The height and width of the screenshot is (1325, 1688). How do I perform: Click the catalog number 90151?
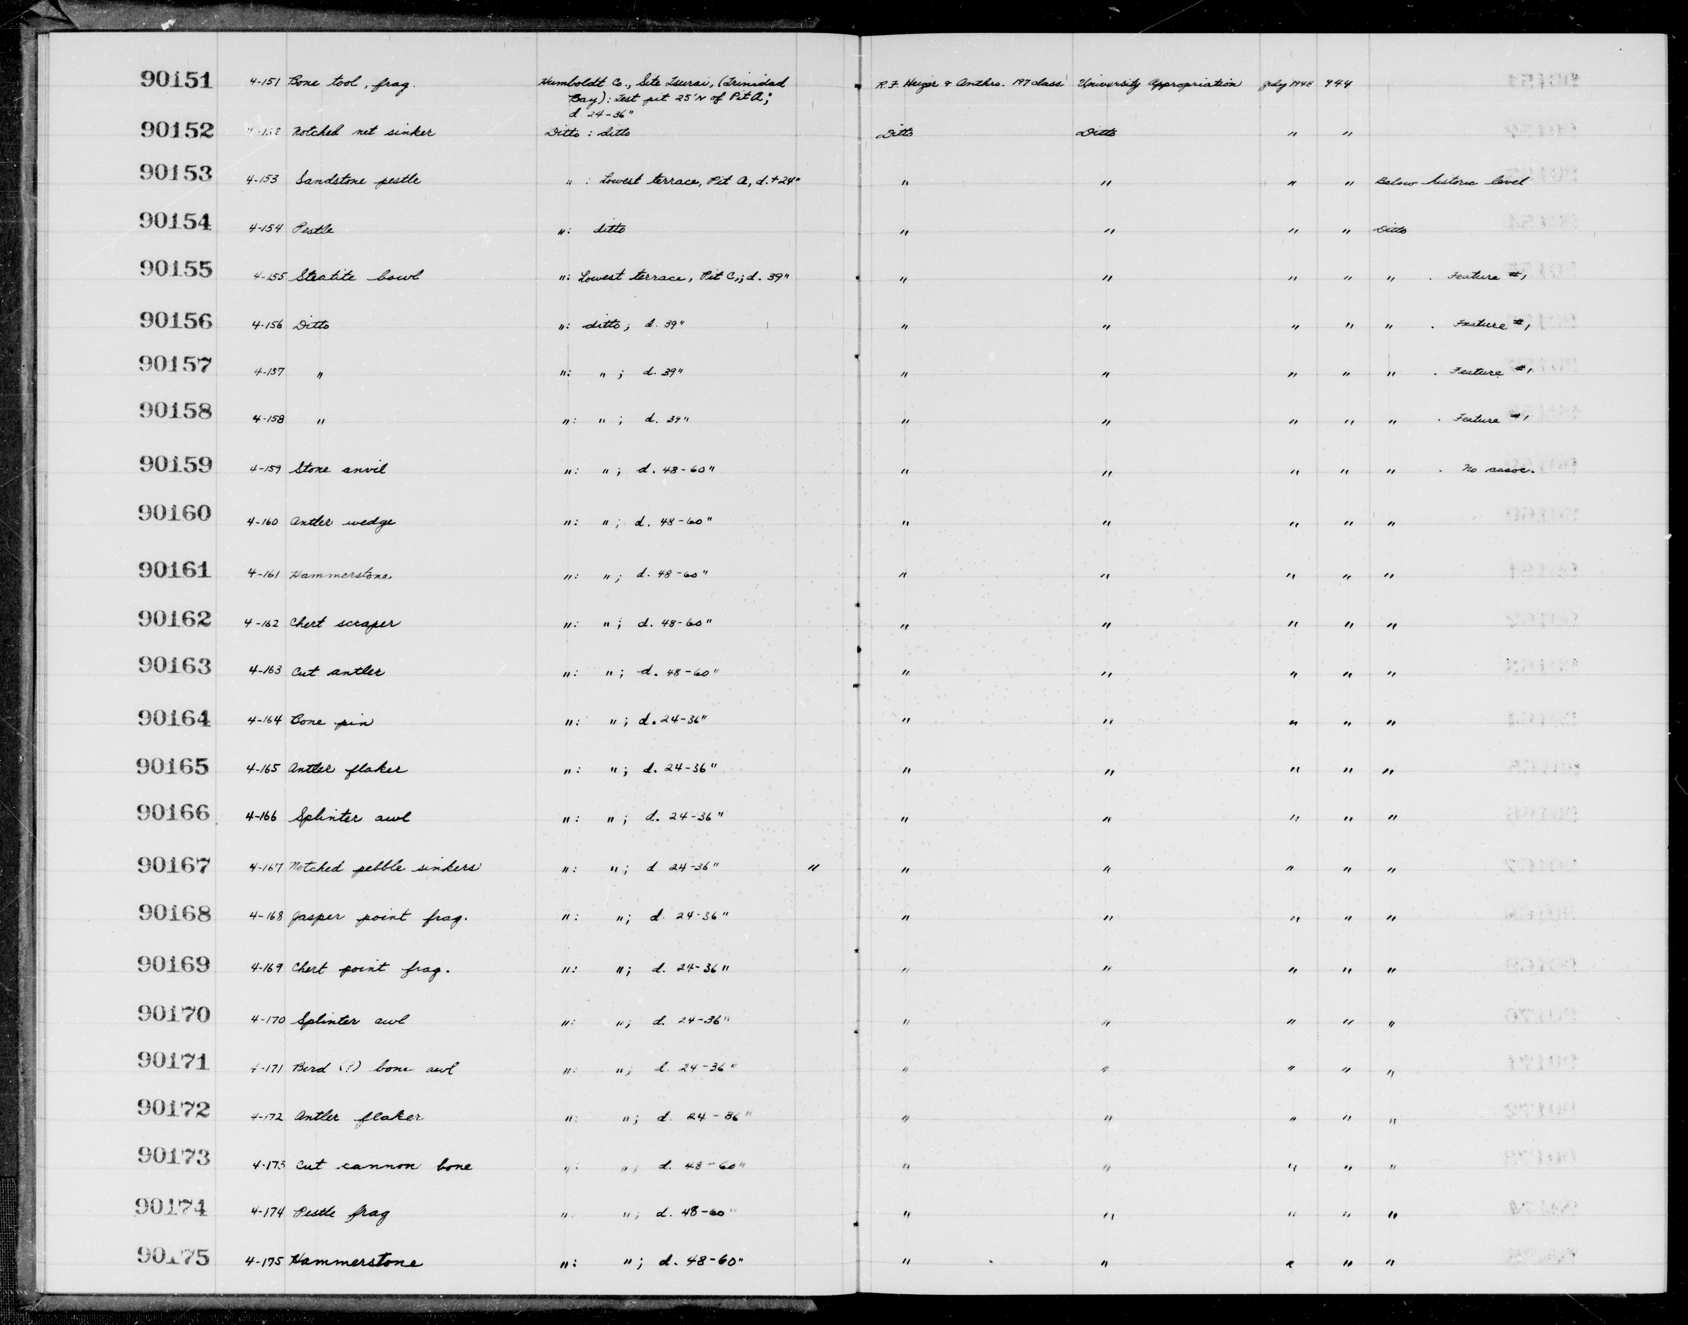pyautogui.click(x=176, y=80)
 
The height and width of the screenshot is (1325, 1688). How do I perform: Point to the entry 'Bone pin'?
pyautogui.click(x=331, y=721)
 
